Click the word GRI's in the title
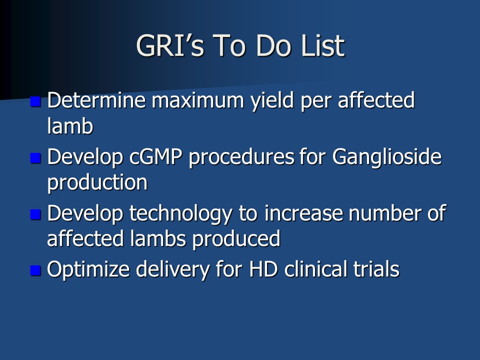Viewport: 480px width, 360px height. pyautogui.click(x=170, y=45)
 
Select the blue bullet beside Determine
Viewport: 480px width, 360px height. pyautogui.click(x=35, y=101)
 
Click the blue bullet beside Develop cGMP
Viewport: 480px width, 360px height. pyautogui.click(x=35, y=158)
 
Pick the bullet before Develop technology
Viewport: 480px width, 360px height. pyautogui.click(x=35, y=214)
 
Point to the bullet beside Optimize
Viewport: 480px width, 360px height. pyautogui.click(x=35, y=270)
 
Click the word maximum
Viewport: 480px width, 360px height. pyautogui.click(x=198, y=100)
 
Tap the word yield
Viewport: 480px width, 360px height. pyautogui.click(x=272, y=101)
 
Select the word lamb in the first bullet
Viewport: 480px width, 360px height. pyautogui.click(x=70, y=125)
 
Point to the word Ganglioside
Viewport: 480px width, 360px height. pyautogui.click(x=387, y=158)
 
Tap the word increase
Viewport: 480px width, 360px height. pyautogui.click(x=303, y=213)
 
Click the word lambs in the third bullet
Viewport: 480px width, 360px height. pyautogui.click(x=158, y=238)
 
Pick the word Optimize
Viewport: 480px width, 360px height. pyautogui.click(x=88, y=269)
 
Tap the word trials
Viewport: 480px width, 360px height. pyautogui.click(x=376, y=269)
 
